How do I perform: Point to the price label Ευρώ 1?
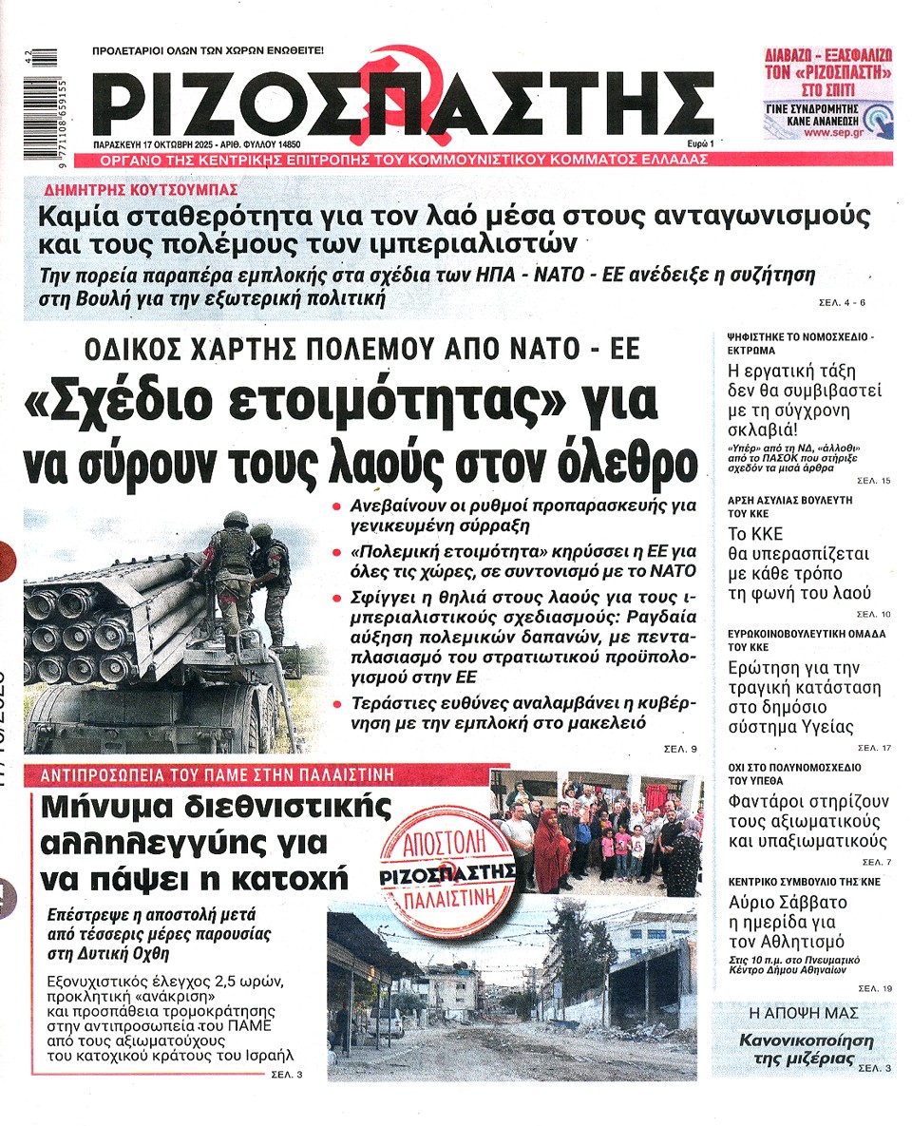tap(700, 143)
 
